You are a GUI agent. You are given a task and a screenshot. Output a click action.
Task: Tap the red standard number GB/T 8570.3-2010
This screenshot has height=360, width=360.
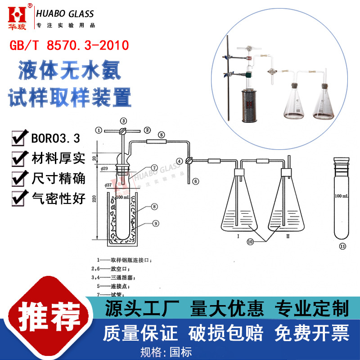click(69, 45)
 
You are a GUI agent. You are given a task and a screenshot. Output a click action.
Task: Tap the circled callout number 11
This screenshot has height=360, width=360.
click(342, 246)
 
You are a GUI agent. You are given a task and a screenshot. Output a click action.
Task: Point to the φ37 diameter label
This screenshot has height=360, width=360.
click(108, 185)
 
